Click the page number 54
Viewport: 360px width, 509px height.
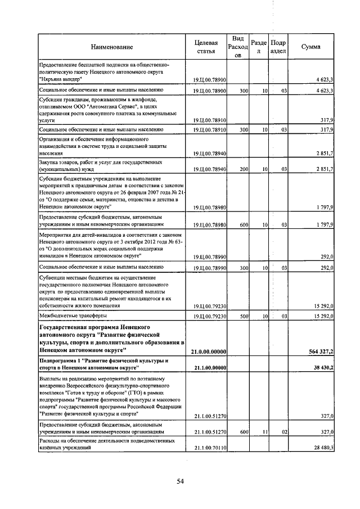pos(180,480)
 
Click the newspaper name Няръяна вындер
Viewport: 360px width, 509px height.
pos(62,79)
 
